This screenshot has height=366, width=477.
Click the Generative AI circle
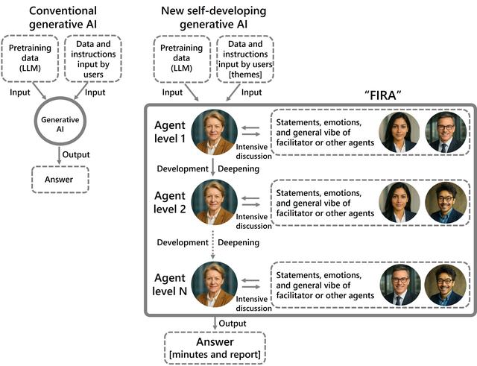click(60, 124)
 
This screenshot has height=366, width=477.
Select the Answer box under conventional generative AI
click(60, 179)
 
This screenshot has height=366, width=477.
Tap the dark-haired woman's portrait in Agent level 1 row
click(399, 132)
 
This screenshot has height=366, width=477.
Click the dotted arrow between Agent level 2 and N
click(213, 243)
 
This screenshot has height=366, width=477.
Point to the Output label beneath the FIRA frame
click(233, 322)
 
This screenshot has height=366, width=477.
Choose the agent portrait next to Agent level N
click(214, 284)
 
